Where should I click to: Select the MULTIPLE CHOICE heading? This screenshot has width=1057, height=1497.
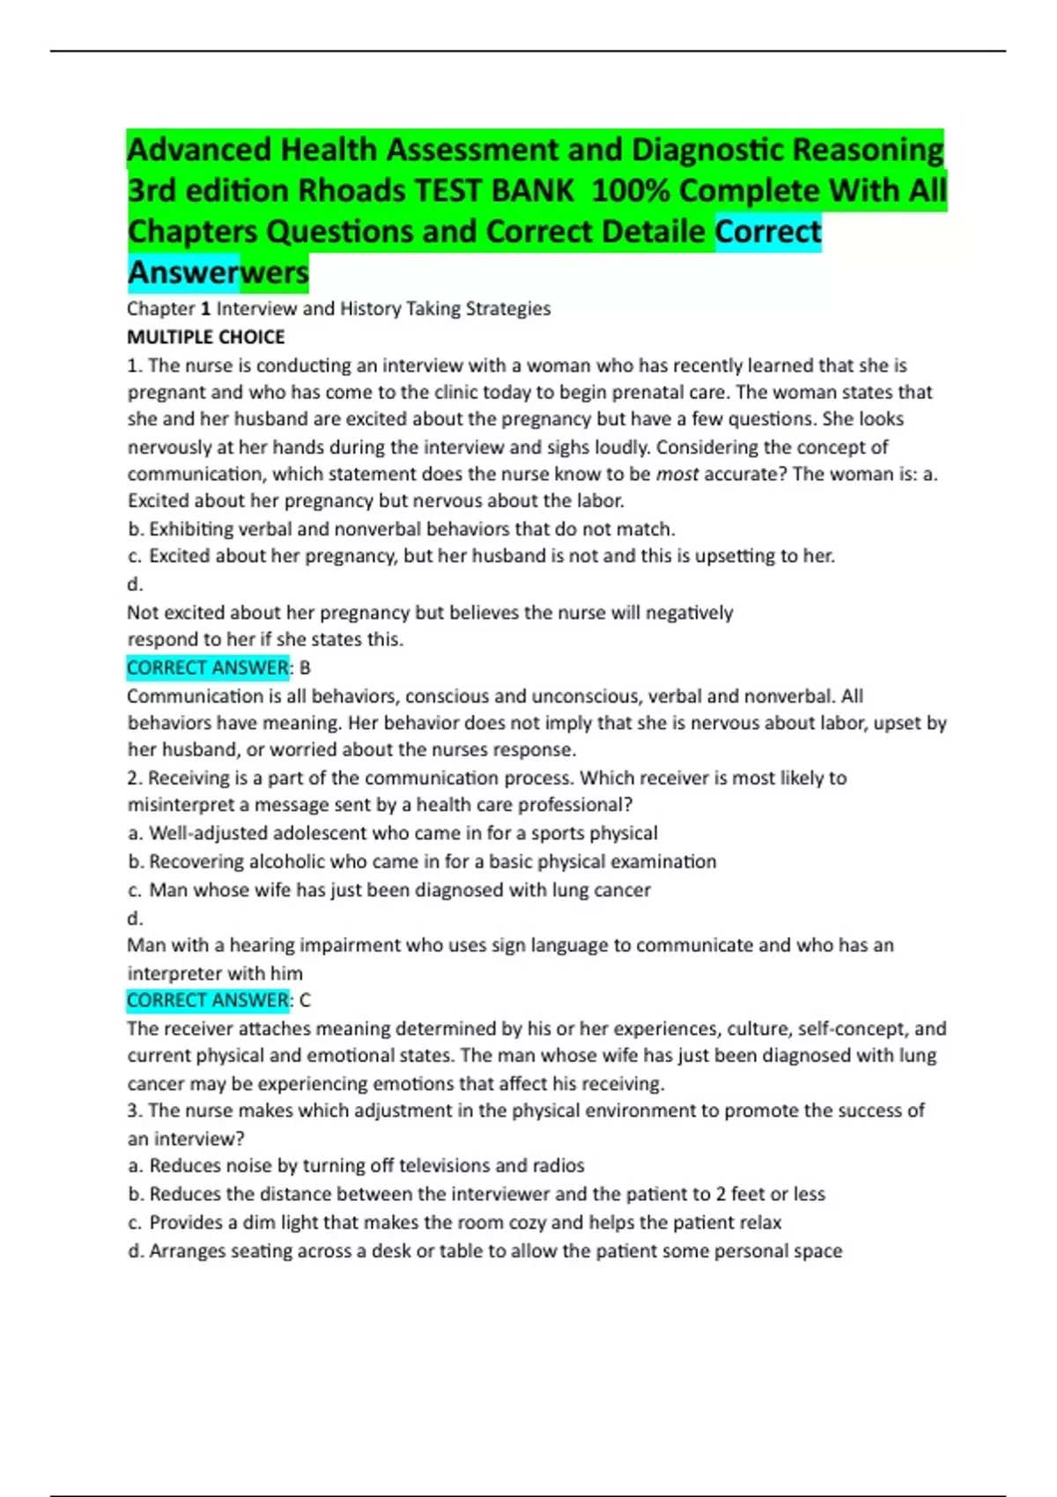point(205,336)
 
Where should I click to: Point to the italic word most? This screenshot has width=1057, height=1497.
point(677,474)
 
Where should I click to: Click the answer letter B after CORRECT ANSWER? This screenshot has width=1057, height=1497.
point(305,667)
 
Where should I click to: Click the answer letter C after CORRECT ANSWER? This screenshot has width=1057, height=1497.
point(305,1000)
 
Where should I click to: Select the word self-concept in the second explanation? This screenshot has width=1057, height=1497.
point(852,1029)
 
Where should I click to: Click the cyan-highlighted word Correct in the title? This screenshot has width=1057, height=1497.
point(768,232)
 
